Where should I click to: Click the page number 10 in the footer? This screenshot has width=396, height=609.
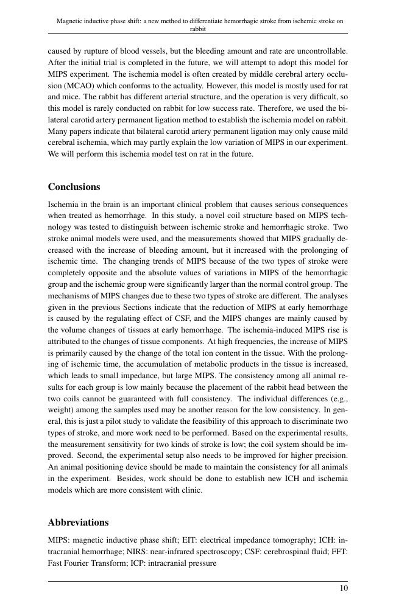tap(344, 588)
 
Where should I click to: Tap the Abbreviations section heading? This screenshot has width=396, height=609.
tap(78, 523)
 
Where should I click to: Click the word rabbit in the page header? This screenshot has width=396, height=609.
tap(197, 28)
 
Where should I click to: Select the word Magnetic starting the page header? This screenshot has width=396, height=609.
tap(70, 20)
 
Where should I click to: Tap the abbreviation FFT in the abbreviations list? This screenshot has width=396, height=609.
tap(338, 551)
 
